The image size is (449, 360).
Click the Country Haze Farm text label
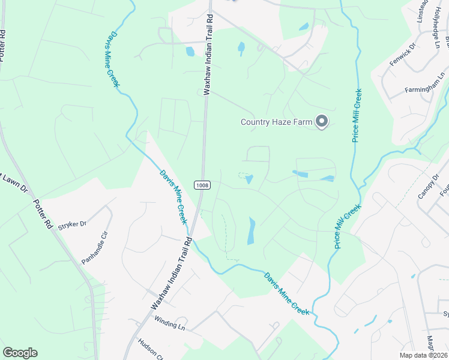(276, 122)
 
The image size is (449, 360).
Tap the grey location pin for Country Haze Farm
(322, 122)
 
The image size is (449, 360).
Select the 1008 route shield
(202, 185)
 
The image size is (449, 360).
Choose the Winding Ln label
(169, 322)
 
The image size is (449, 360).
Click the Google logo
(20, 353)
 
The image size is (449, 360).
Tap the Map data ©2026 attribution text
(423, 355)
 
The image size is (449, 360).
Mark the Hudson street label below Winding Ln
(151, 348)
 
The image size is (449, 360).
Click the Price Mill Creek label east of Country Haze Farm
(357, 116)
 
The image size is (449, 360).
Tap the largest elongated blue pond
(251, 231)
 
